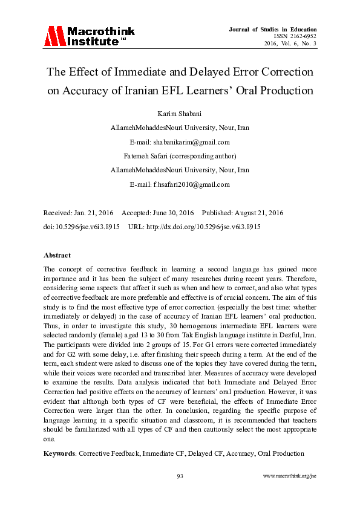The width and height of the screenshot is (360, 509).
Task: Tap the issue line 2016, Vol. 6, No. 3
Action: click(x=290, y=44)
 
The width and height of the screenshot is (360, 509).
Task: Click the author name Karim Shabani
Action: click(x=180, y=114)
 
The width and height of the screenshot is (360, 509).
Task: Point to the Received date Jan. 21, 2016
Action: click(x=95, y=213)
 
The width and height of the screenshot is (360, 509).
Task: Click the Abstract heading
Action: click(x=57, y=255)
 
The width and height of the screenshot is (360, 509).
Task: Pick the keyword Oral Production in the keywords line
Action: click(x=281, y=453)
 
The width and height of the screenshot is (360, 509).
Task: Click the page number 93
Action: click(x=180, y=476)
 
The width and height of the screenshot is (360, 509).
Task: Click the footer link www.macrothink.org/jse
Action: click(x=290, y=476)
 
